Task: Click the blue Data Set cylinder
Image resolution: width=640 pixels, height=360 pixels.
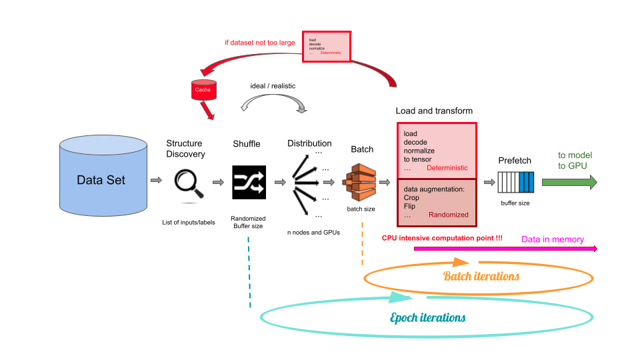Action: click(100, 179)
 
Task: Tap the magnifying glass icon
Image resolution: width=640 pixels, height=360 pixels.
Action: click(188, 183)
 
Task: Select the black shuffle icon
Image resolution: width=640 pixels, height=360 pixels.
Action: click(249, 181)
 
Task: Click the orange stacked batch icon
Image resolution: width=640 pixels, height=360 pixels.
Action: click(361, 182)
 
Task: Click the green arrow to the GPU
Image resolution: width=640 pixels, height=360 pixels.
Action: click(569, 182)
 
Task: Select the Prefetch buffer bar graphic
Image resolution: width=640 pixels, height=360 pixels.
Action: click(514, 182)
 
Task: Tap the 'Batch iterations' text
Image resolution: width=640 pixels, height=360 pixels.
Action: click(481, 275)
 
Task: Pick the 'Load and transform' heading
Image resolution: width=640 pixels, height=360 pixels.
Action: click(434, 111)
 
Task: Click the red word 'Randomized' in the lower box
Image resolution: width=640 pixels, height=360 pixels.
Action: click(448, 215)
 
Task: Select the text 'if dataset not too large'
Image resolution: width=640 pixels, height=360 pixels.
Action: click(260, 43)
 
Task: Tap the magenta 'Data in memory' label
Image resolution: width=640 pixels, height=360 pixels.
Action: click(552, 239)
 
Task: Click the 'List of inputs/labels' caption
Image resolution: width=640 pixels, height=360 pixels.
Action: click(189, 222)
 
